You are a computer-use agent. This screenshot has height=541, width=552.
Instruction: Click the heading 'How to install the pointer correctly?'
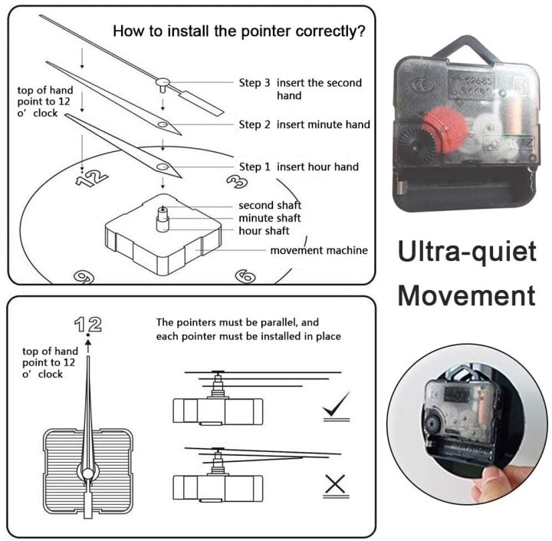239,31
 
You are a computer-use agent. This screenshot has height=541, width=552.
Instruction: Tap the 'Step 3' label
255,83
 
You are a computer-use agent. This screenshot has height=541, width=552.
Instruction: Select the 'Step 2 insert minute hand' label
304,124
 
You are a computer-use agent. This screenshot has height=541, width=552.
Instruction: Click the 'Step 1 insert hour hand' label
298,167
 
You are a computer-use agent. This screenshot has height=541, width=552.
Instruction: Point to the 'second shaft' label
270,205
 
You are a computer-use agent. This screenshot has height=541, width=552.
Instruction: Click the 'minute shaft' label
270,218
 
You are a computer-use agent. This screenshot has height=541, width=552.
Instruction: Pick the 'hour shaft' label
264,231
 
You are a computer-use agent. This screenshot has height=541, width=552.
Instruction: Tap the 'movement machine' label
319,250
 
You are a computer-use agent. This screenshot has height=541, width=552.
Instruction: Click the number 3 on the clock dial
237,182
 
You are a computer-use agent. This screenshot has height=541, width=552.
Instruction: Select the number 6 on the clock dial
245,276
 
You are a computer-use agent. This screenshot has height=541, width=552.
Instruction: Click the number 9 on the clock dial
84,277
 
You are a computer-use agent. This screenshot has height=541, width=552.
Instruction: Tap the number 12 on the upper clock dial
91,178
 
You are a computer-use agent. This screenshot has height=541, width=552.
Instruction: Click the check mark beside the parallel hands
337,404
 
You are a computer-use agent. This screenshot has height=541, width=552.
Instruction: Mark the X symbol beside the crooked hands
335,484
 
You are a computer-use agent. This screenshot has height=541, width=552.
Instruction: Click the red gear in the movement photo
445,130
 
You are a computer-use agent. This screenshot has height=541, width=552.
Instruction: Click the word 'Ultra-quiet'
467,252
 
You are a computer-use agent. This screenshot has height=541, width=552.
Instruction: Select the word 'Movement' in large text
467,295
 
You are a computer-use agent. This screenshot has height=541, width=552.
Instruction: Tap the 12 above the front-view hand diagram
88,325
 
